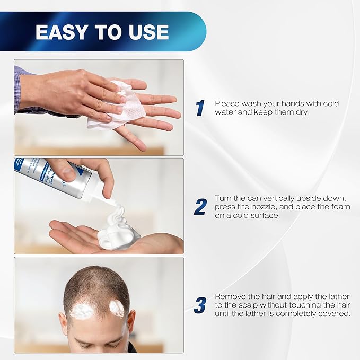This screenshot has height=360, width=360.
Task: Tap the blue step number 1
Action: [200, 108]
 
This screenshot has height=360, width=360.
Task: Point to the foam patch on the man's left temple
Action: [117, 308]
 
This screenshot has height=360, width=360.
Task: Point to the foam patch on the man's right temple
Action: [81, 311]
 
